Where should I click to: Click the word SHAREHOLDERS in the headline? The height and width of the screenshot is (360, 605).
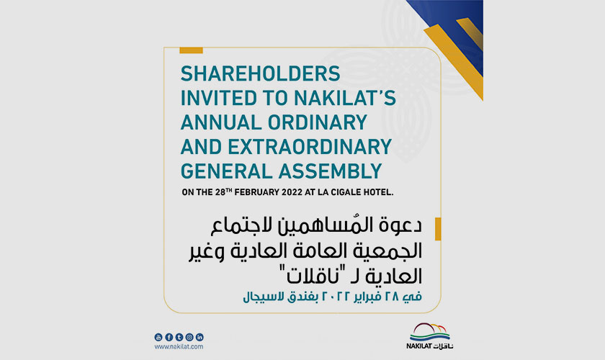click(261, 73)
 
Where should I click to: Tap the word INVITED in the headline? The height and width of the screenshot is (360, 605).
click(219, 98)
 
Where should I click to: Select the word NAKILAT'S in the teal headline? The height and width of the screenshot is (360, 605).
click(345, 98)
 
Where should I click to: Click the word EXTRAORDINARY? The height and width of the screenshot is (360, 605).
click(310, 147)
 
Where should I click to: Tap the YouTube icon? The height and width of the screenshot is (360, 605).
click(158, 337)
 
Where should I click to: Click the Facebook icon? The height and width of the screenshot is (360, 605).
click(169, 337)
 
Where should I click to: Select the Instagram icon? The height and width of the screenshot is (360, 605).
click(189, 337)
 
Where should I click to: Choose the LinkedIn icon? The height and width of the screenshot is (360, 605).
click(200, 337)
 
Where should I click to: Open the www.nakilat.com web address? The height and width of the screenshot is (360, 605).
click(179, 347)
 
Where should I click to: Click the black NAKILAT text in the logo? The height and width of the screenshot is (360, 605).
click(418, 346)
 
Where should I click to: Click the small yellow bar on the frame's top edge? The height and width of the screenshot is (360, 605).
click(191, 50)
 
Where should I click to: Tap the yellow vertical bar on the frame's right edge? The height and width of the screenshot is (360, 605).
click(438, 229)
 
